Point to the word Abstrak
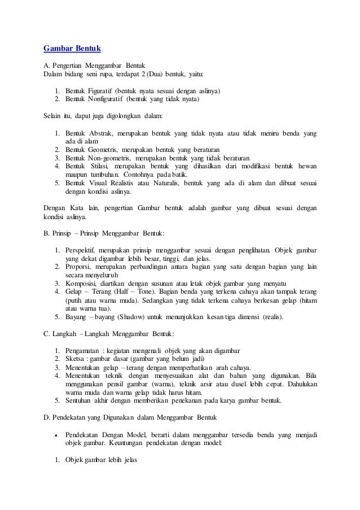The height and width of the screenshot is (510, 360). [x=100, y=133]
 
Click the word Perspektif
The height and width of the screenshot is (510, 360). [x=82, y=250]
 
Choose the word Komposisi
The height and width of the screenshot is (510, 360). [x=82, y=283]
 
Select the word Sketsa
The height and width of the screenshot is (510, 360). [x=75, y=359]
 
